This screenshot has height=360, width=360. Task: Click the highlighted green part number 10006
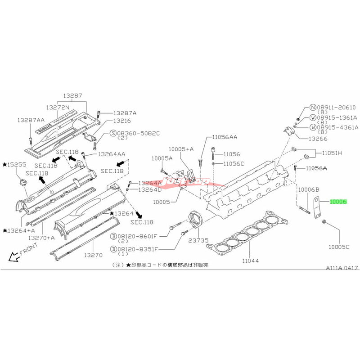pyautogui.click(x=338, y=202)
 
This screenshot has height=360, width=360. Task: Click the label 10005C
pyautogui.click(x=339, y=247)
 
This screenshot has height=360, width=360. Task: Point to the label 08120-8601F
pyautogui.click(x=135, y=235)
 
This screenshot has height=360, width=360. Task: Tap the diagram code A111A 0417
pyautogui.click(x=342, y=267)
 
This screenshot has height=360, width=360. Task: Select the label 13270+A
pyautogui.click(x=41, y=237)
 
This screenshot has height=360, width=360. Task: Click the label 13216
pyautogui.click(x=122, y=121)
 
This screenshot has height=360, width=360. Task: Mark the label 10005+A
pyautogui.click(x=181, y=148)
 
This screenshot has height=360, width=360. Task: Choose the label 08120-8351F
pyautogui.click(x=135, y=248)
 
